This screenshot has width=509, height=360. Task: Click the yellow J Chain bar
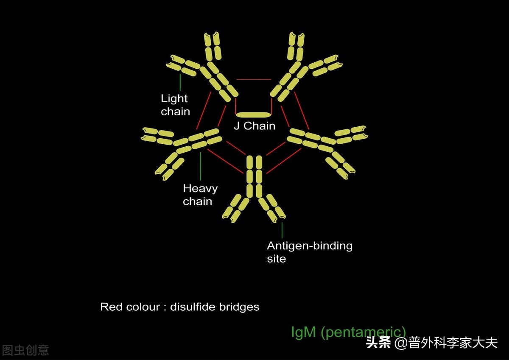tap(253, 114)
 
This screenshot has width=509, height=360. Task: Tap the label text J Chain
tap(255, 126)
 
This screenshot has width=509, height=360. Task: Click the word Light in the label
tap(174, 99)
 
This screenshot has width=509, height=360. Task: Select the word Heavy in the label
tap(200, 189)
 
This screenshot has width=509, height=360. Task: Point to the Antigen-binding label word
tap(310, 246)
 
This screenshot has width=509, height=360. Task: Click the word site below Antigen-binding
tap(277, 259)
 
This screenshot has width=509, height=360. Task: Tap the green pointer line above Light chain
tap(180, 82)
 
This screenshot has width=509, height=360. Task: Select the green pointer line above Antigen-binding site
tap(282, 230)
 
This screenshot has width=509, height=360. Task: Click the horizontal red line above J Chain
tap(254, 79)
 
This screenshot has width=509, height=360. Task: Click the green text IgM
tap(303, 332)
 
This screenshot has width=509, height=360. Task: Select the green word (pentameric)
tap(363, 332)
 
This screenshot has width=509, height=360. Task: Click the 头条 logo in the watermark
tap(379, 342)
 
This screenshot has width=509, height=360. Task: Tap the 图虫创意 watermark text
tap(25, 350)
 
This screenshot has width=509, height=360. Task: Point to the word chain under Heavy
tap(197, 201)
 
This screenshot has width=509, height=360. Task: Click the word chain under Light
tap(175, 112)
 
